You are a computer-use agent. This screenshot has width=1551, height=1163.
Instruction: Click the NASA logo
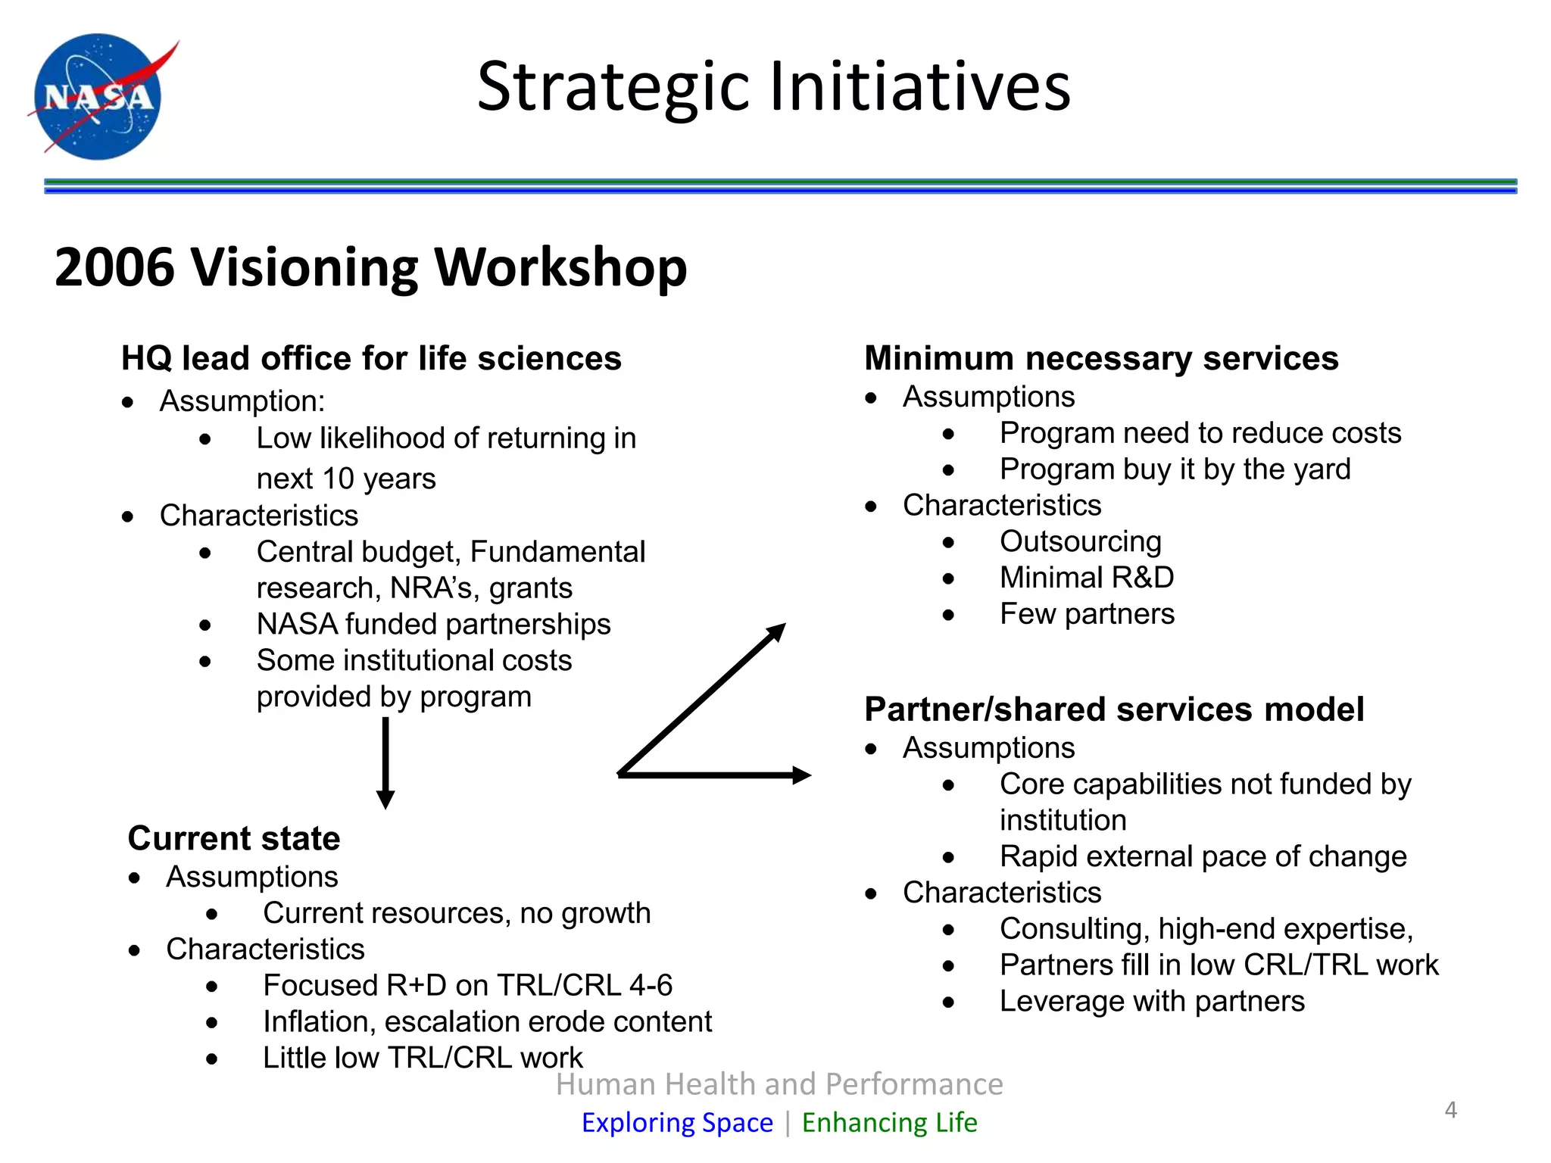98,96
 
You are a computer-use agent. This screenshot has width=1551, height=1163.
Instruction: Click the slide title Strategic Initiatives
773,86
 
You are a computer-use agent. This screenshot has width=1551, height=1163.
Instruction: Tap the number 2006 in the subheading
114,267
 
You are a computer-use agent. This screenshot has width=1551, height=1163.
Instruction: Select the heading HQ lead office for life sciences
371,358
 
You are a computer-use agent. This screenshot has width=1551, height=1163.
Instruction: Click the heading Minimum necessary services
1101,358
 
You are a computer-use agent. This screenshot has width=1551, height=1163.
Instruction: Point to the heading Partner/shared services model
1113,709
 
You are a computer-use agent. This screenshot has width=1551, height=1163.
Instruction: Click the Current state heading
234,838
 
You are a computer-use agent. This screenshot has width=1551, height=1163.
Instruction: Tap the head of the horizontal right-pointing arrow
801,775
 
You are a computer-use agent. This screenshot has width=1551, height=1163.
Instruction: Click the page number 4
1450,1110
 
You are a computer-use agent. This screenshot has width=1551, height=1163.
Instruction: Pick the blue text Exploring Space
677,1122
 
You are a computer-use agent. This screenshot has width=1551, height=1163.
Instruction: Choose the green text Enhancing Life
889,1122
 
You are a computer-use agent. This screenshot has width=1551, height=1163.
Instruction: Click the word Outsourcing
1080,541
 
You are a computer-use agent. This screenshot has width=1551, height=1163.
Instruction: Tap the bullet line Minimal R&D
1086,578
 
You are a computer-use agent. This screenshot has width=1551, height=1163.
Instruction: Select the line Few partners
1086,614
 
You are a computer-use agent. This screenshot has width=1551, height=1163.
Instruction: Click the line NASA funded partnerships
433,625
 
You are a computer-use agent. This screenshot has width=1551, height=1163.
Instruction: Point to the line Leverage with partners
1151,1001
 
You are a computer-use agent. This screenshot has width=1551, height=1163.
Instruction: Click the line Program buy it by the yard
1174,469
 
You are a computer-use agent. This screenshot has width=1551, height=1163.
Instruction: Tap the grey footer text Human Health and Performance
779,1084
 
